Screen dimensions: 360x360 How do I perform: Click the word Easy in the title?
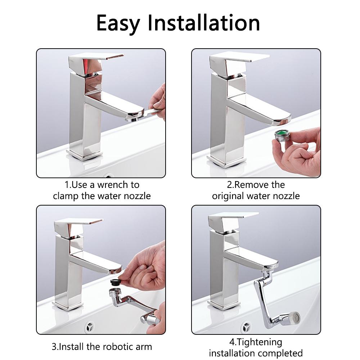pyautogui.click(x=118, y=23)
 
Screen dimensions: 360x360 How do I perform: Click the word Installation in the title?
pyautogui.click(x=204, y=23)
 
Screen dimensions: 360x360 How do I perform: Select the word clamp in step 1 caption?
pyautogui.click(x=69, y=196)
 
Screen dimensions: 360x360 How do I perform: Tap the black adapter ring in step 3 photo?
pyautogui.click(x=116, y=281)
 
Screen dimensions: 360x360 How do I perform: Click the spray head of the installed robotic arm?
pyautogui.click(x=294, y=317)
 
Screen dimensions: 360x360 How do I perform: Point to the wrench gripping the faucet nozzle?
pyautogui.click(x=144, y=114)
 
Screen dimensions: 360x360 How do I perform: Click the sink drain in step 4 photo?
pyautogui.click(x=247, y=328)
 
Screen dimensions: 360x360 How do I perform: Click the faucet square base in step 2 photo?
pyautogui.click(x=227, y=159)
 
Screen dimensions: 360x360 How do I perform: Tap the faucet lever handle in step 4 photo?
pyautogui.click(x=232, y=219)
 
